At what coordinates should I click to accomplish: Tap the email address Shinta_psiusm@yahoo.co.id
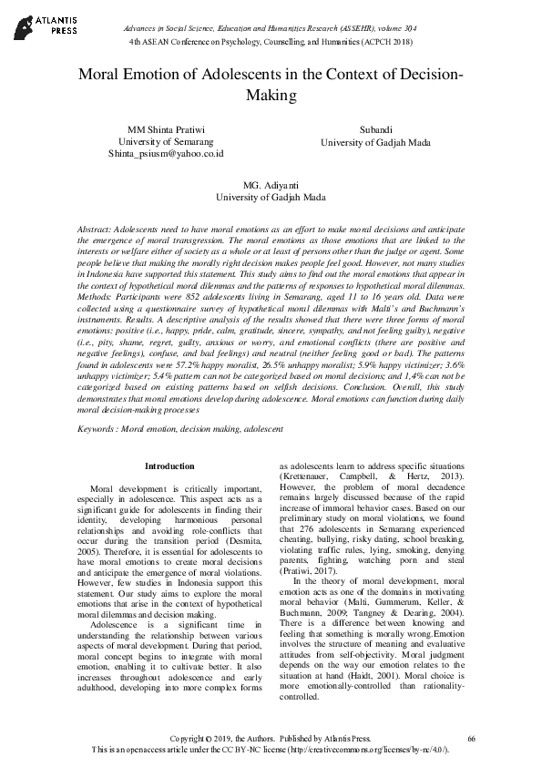pos(166,154)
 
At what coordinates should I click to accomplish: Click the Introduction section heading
pos(169,466)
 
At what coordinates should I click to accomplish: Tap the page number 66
pos(470,736)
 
